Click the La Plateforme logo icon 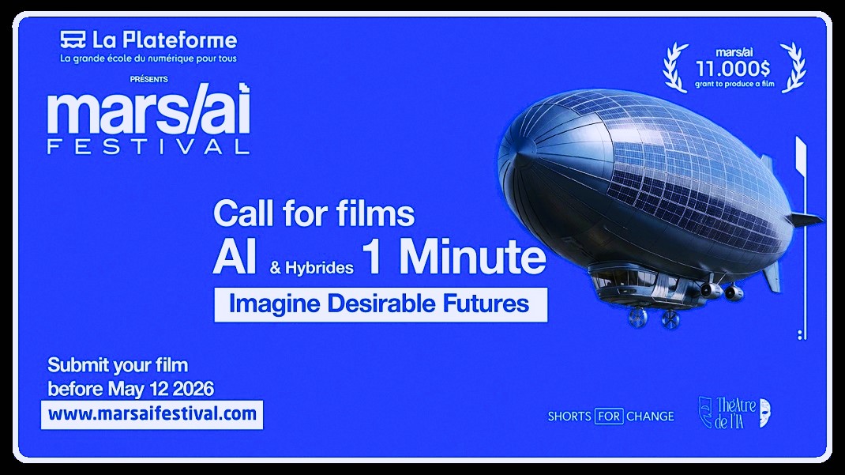pyautogui.click(x=73, y=40)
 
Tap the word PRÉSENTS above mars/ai pyautogui.click(x=148, y=79)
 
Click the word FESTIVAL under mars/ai pyautogui.click(x=148, y=147)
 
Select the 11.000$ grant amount pyautogui.click(x=733, y=69)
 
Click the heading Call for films pyautogui.click(x=314, y=213)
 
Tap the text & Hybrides pyautogui.click(x=311, y=267)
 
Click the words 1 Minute pyautogui.click(x=454, y=257)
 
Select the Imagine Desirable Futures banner pyautogui.click(x=381, y=304)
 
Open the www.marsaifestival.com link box pyautogui.click(x=152, y=415)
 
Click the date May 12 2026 pyautogui.click(x=160, y=389)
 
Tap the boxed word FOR pyautogui.click(x=609, y=417)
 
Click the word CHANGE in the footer pyautogui.click(x=650, y=417)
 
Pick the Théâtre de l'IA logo pyautogui.click(x=734, y=413)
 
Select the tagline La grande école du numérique pyautogui.click(x=148, y=58)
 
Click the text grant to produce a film pyautogui.click(x=734, y=84)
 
